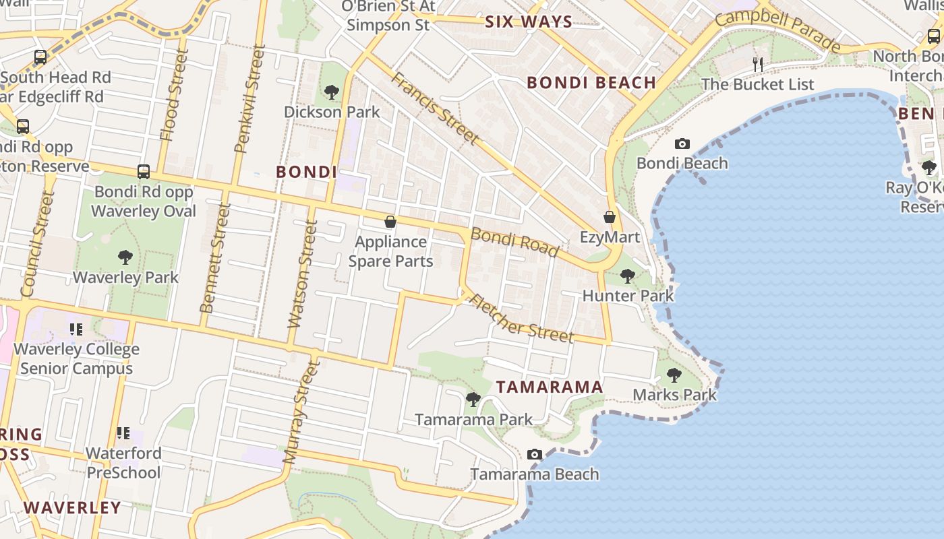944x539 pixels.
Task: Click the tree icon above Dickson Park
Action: tap(331, 92)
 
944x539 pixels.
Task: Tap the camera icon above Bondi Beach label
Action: tap(682, 144)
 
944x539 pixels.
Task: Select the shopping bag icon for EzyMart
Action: tap(609, 217)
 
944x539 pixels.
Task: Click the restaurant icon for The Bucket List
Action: tap(758, 65)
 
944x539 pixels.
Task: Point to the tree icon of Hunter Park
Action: tap(627, 276)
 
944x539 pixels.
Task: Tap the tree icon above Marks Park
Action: tap(674, 375)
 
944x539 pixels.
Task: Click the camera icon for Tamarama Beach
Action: tap(535, 454)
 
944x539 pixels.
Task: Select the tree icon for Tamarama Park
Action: tap(473, 400)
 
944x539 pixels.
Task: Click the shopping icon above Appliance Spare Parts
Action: tap(390, 221)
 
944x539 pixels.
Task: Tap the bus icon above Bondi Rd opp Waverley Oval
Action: tap(144, 172)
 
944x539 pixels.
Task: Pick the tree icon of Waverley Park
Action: tap(125, 257)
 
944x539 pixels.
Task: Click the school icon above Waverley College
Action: tap(76, 329)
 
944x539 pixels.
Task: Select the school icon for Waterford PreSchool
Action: tap(123, 433)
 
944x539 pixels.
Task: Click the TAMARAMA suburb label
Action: tap(550, 387)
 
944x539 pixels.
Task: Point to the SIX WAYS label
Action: tap(529, 22)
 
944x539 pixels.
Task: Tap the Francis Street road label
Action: tap(436, 108)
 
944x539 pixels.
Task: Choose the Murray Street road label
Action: tap(301, 412)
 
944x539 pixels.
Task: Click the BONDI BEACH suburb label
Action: tap(591, 82)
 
